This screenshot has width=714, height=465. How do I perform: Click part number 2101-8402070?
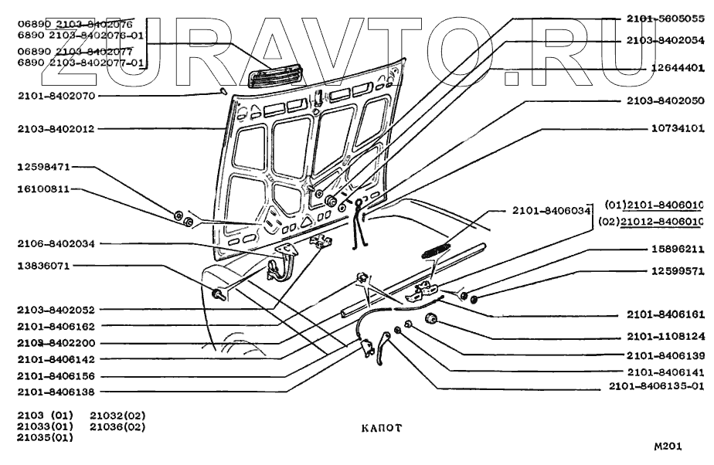tap(56, 97)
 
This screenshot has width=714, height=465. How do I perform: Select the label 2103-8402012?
tap(56, 129)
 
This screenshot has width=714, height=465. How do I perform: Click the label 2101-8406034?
tap(549, 210)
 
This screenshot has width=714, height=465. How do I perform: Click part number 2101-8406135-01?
tap(656, 386)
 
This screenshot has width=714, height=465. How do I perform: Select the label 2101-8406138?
tap(56, 392)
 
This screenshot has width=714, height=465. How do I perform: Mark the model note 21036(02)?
tap(117, 426)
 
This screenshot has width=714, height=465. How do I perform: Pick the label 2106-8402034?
tap(56, 243)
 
